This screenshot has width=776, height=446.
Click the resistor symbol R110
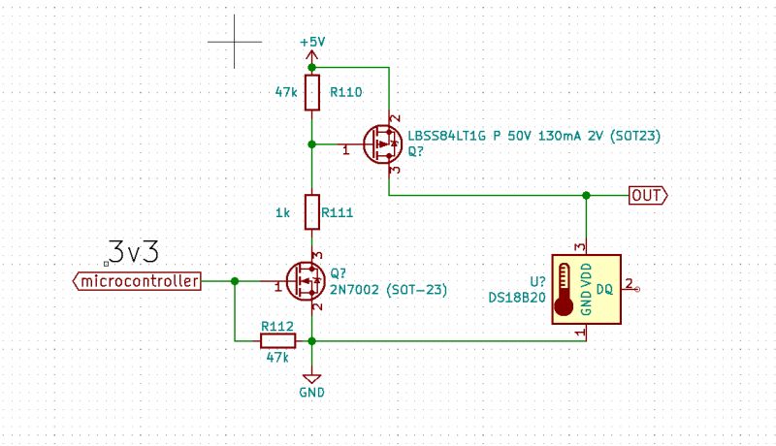coord(311,93)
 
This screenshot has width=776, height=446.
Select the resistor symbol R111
coord(311,210)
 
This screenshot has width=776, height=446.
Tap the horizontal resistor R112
coord(277,340)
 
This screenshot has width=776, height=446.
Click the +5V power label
coord(311,44)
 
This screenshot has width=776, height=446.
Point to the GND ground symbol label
coord(311,393)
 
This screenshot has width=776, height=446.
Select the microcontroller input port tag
coord(138,281)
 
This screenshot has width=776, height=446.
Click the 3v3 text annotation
coord(133,252)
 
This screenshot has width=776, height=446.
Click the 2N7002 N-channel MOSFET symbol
coord(306,281)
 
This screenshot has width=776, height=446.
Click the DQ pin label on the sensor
coord(603,289)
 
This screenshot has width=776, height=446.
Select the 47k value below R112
coord(277,358)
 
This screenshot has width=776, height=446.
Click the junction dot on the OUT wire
coord(585,195)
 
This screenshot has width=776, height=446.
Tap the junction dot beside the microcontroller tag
coord(235,281)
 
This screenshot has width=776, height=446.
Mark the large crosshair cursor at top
coord(235,43)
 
